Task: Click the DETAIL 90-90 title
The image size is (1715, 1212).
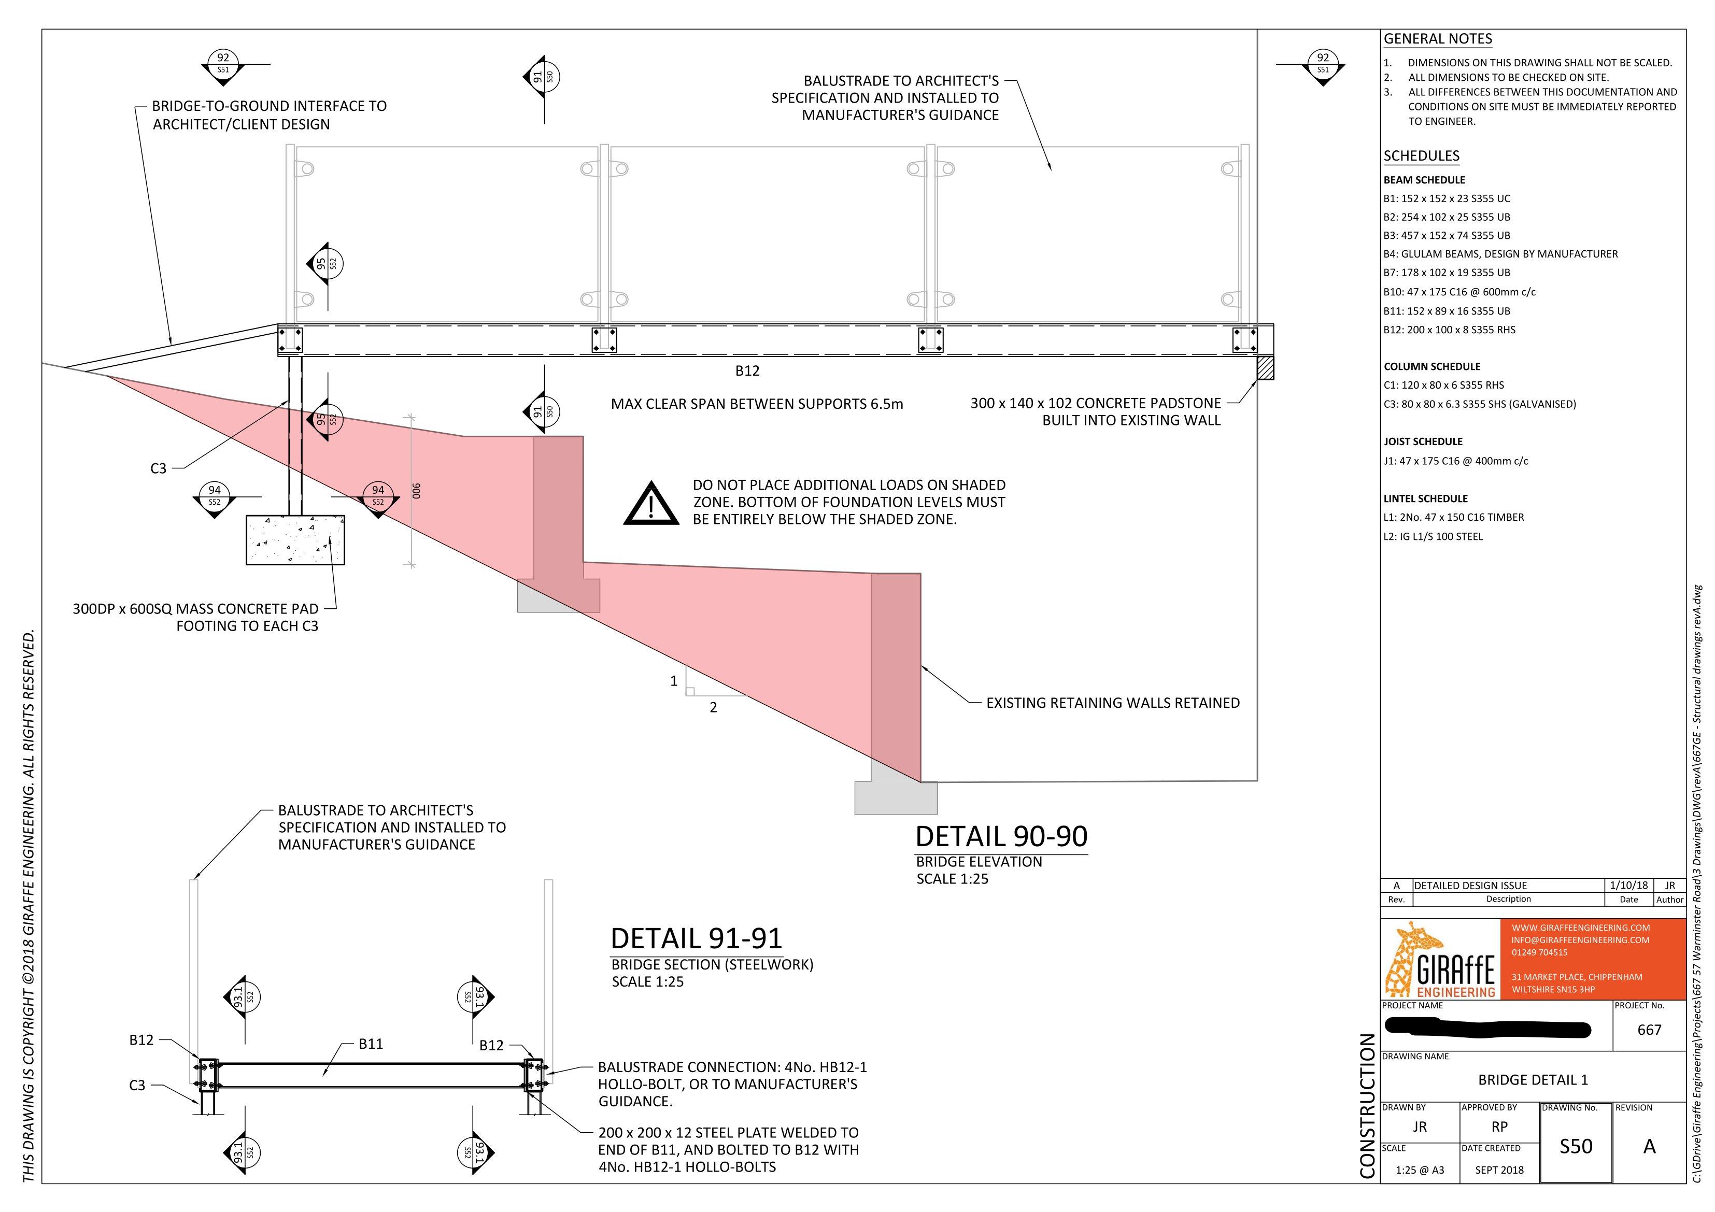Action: click(1001, 836)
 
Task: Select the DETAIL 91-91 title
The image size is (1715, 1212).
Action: click(696, 938)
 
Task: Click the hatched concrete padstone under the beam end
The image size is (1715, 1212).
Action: click(1265, 367)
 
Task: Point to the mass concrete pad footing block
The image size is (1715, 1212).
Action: click(295, 539)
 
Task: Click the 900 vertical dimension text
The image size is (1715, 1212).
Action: click(417, 491)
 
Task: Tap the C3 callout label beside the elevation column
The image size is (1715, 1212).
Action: click(159, 469)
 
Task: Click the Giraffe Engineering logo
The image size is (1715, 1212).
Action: click(1440, 960)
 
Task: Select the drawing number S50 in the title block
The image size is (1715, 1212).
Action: click(1576, 1146)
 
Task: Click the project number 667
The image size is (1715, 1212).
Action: click(1649, 1030)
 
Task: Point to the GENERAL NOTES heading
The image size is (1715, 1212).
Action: click(1438, 39)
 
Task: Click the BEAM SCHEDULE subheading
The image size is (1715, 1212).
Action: click(1424, 180)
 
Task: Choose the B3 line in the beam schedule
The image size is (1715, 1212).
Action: click(1447, 235)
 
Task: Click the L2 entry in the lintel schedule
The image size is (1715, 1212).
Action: click(1433, 536)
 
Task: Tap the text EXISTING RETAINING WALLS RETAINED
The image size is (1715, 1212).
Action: click(1113, 703)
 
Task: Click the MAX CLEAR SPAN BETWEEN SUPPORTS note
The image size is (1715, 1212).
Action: click(757, 404)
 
